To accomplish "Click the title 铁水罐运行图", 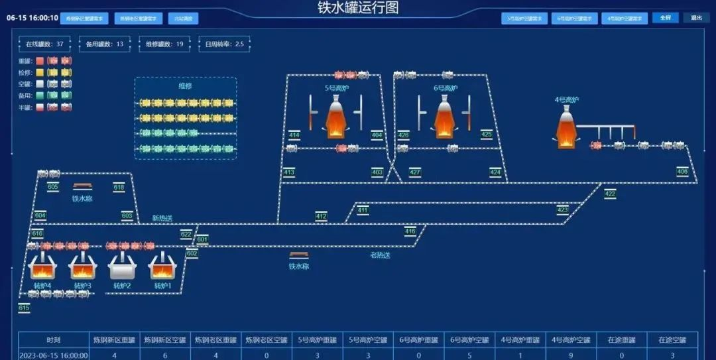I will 358,8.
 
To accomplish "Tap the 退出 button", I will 697,18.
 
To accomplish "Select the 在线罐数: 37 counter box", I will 44,44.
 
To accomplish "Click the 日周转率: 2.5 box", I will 224,44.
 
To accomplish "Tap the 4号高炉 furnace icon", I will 566,128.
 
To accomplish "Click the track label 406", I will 682,172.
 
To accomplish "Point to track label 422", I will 610,194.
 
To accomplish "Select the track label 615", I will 24,308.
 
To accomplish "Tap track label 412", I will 321,216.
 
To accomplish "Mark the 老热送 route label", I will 380,255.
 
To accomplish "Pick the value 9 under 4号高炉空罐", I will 571,355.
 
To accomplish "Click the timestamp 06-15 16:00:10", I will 32,18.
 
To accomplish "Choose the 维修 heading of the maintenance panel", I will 185,86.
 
